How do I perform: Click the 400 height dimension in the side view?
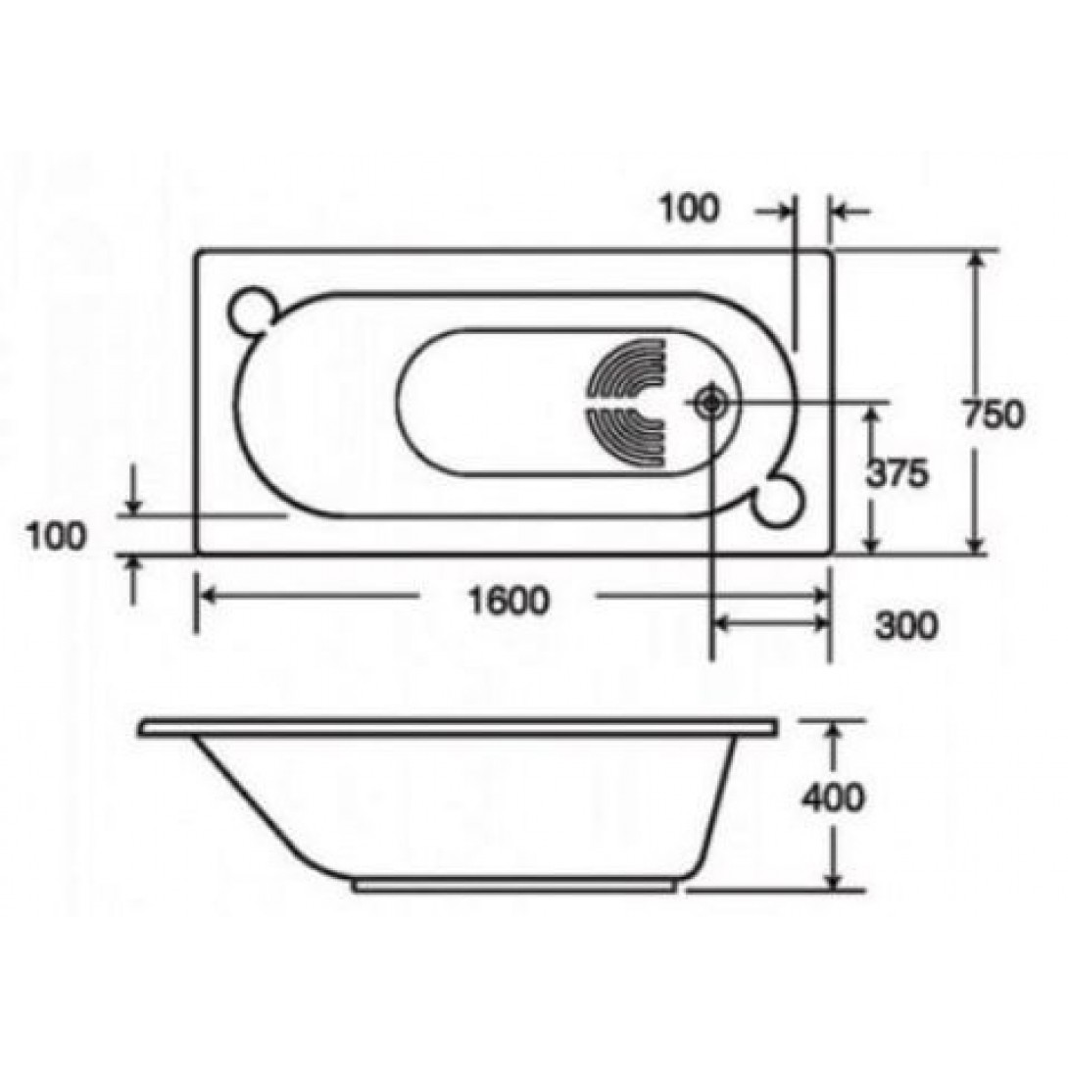tap(833, 798)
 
